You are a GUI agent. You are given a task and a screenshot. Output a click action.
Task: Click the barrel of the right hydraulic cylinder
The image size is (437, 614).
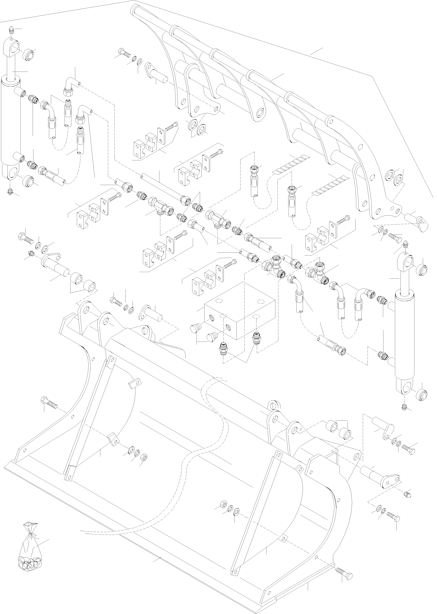click(x=405, y=334)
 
